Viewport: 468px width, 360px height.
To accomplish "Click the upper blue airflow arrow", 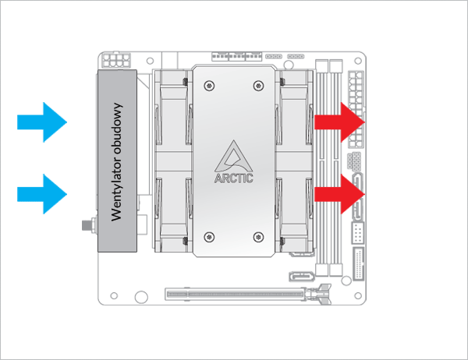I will tap(43, 122).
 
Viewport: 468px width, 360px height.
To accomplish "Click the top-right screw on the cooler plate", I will tap(258, 85).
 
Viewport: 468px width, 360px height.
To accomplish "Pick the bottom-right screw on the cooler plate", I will tap(258, 235).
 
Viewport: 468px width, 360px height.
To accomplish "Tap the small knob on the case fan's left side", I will tap(86, 227).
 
